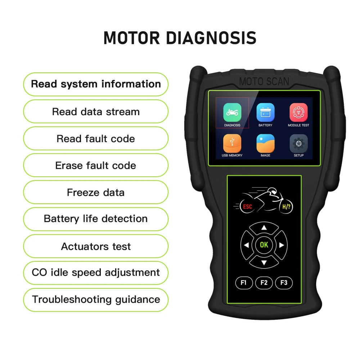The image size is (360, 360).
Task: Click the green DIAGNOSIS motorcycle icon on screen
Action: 232,112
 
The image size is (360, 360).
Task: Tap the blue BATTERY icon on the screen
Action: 265,112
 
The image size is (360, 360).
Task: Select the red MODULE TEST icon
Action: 298,112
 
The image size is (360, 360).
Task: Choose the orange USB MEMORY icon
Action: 232,143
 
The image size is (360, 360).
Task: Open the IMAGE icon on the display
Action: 265,143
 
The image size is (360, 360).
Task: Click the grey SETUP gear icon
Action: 298,143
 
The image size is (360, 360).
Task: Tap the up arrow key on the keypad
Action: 264,228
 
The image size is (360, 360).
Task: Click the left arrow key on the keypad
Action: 247,245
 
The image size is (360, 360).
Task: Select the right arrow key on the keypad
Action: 281,245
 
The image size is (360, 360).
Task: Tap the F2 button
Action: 264,283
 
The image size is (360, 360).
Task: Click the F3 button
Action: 284,283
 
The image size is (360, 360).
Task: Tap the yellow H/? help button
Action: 286,207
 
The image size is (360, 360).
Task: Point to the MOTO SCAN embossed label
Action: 264,81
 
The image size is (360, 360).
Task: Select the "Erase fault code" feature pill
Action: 96,166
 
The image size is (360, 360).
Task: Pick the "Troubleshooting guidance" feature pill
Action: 96,300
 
